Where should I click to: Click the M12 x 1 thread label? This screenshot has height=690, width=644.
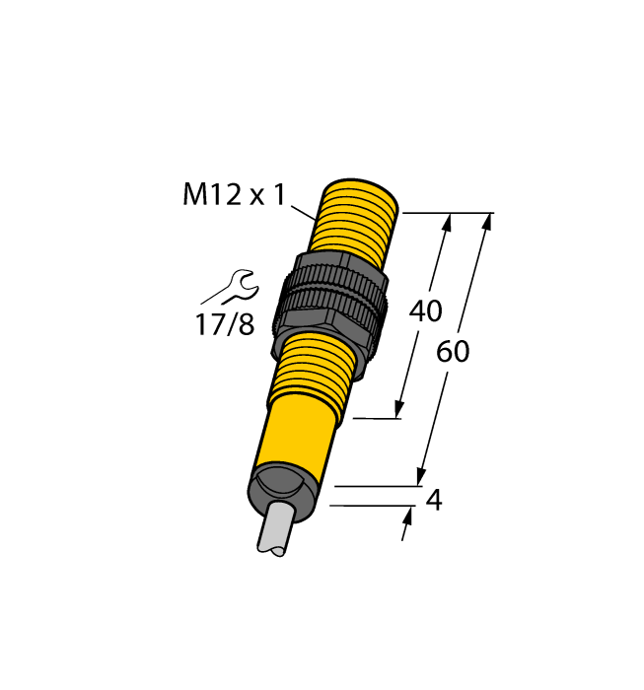pos(234,195)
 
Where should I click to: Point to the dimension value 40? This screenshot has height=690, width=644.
pos(425,311)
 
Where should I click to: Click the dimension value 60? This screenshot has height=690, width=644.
pos(453,352)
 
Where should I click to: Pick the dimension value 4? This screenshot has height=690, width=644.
pos(433,501)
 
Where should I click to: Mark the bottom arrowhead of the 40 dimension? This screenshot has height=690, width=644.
pos(400,408)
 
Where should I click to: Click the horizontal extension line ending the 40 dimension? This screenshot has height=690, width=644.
pos(376,419)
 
